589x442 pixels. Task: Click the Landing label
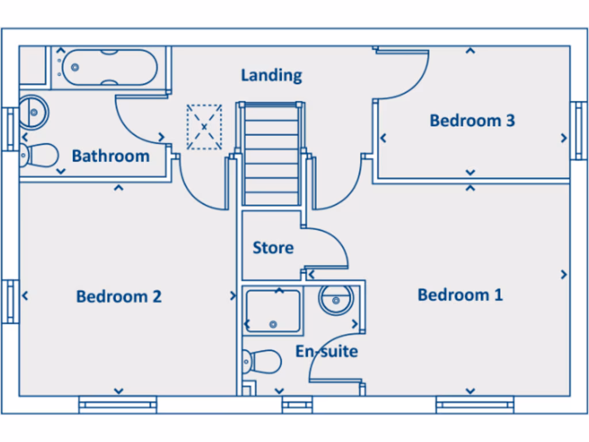(x=271, y=75)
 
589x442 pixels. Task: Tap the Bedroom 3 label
(x=472, y=121)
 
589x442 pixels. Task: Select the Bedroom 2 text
(x=118, y=296)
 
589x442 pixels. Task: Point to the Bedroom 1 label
(x=460, y=295)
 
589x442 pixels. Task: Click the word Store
(x=273, y=248)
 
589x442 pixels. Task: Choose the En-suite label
(x=326, y=351)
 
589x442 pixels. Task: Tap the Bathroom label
(x=110, y=156)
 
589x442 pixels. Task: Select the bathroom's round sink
(x=33, y=111)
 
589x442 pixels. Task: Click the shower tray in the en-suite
(x=273, y=311)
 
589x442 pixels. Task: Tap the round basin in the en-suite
(x=335, y=300)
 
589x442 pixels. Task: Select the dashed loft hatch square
(x=204, y=127)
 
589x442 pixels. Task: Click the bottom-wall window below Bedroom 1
(x=475, y=405)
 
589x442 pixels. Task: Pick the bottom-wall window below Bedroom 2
(x=118, y=405)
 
